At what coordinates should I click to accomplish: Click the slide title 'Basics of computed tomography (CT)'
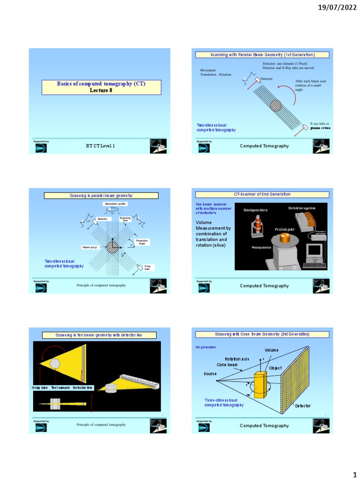pos(101,84)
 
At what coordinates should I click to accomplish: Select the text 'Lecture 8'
pos(101,90)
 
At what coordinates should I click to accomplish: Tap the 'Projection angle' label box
pos(141,241)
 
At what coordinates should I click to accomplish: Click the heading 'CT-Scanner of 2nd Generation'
pos(262,194)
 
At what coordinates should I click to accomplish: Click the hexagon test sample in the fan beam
pos(56,364)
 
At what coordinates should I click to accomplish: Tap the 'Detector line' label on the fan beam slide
pos(83,387)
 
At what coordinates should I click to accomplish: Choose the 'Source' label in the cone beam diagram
pos(210,373)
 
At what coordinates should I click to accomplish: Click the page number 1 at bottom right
pos(354,472)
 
